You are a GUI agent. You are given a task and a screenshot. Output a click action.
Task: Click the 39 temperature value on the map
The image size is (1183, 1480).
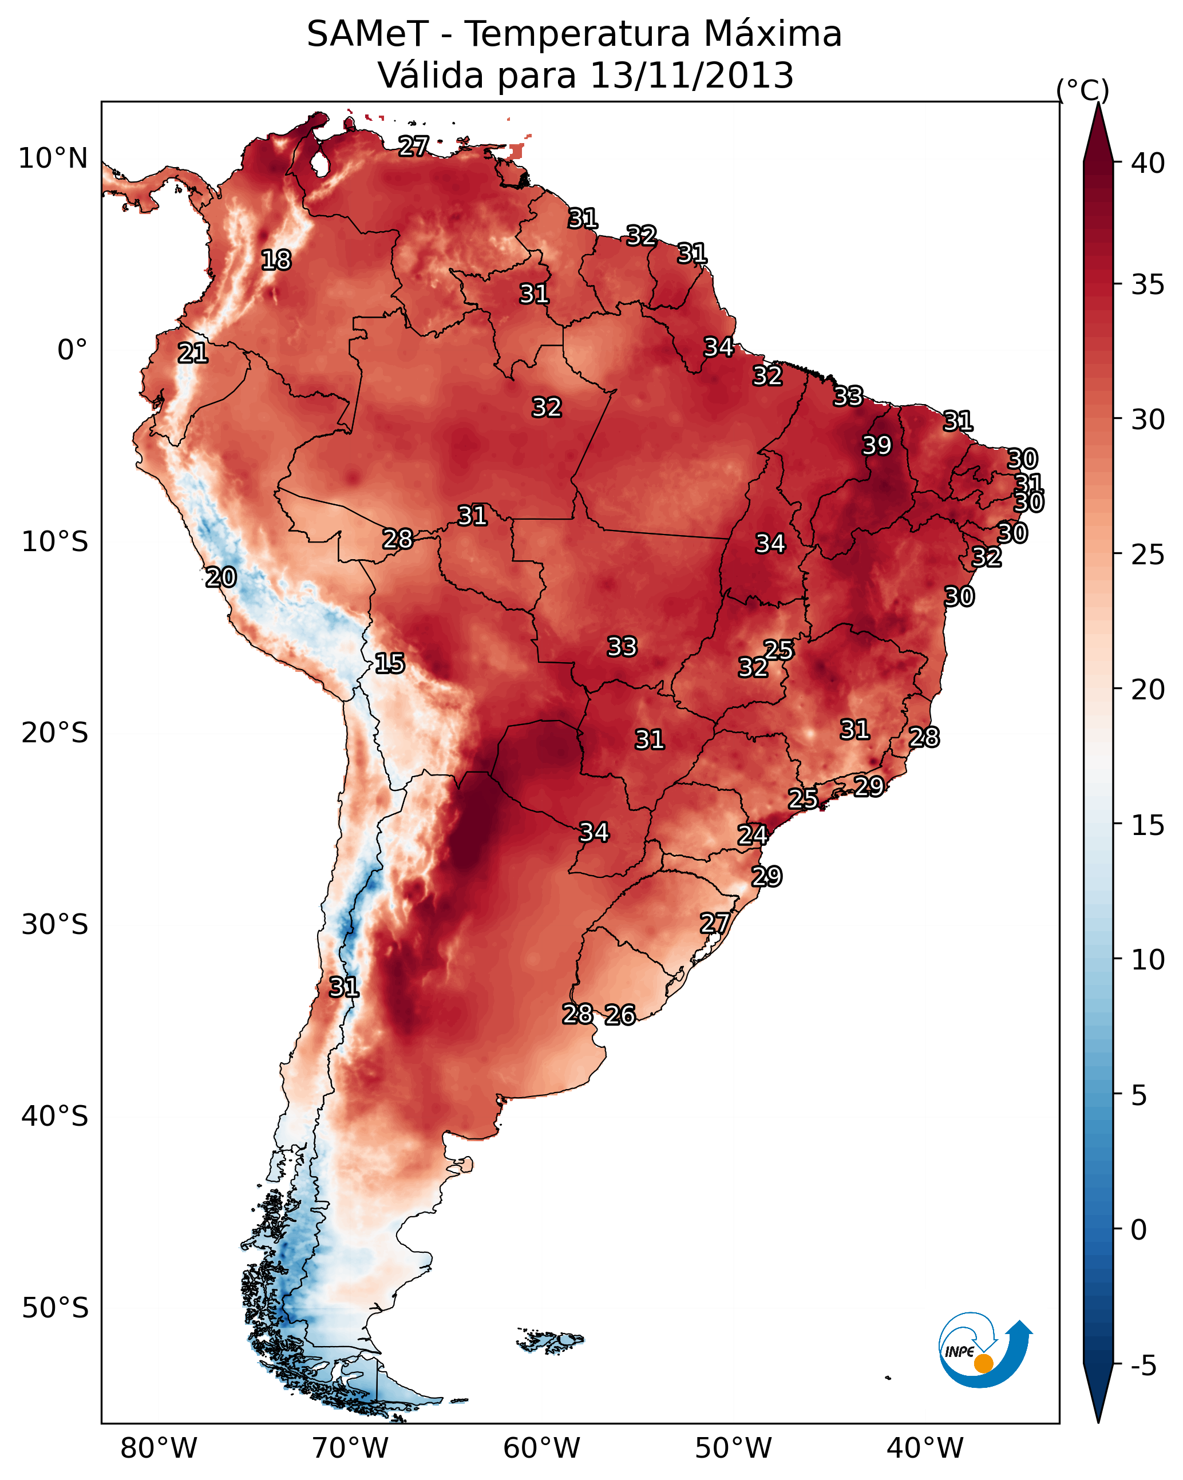(x=877, y=445)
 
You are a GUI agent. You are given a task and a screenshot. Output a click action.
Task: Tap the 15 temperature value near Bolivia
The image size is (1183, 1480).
(x=389, y=663)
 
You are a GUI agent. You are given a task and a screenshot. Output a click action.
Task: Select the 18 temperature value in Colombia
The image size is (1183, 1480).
(x=276, y=260)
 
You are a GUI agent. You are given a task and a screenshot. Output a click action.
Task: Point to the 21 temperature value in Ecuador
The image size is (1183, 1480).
(x=193, y=354)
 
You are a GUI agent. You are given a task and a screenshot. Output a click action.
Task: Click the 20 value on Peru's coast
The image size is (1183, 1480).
(x=221, y=577)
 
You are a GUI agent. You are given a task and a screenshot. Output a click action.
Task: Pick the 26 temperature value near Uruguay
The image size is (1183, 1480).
(x=620, y=1015)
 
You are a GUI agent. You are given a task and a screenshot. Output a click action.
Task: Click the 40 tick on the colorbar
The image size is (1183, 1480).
(x=1148, y=163)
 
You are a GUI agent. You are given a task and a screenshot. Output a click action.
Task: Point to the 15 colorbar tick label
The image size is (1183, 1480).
(x=1148, y=825)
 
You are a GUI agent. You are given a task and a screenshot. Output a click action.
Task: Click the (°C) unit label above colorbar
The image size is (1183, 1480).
(x=1083, y=90)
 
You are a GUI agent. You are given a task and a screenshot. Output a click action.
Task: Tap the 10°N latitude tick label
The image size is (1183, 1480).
(x=53, y=159)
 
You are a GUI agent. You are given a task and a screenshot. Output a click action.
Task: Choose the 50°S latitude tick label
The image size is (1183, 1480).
(x=55, y=1308)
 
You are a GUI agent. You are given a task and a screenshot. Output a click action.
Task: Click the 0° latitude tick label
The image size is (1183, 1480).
(x=73, y=350)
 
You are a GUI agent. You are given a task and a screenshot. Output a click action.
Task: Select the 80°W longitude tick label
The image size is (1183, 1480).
(x=159, y=1449)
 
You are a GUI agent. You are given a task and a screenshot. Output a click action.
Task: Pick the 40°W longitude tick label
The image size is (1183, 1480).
(x=925, y=1449)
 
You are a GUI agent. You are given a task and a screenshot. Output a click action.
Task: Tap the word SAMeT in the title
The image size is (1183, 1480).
(x=367, y=34)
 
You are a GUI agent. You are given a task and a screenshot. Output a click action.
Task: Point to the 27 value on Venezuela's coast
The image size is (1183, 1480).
(x=414, y=146)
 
